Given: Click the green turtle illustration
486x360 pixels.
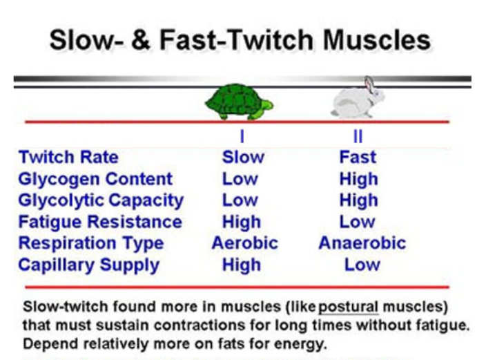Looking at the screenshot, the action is (239, 102).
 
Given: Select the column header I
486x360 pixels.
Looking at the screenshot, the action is (242, 136).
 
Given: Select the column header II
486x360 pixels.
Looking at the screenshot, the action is (358, 136).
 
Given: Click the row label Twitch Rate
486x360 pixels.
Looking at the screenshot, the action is (68, 157).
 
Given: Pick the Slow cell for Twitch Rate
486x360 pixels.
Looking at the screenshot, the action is (243, 157).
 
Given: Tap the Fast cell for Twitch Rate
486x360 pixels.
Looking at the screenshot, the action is (358, 157).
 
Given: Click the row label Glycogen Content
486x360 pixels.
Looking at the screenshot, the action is (95, 180).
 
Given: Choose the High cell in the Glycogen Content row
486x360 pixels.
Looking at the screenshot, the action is (358, 180).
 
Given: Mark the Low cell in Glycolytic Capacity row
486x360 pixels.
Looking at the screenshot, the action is (240, 200).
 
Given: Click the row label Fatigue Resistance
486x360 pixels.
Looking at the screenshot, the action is (100, 222).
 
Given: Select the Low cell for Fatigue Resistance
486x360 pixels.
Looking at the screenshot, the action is (357, 222).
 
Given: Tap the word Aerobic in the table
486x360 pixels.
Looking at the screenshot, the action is (245, 243).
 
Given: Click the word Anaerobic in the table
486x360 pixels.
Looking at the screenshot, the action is (362, 243).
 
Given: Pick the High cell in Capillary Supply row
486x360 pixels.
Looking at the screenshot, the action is (242, 265).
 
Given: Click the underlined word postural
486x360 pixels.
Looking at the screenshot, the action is (349, 307).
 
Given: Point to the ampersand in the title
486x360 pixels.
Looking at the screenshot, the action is (141, 39).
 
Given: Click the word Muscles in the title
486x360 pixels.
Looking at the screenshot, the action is (377, 39).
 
